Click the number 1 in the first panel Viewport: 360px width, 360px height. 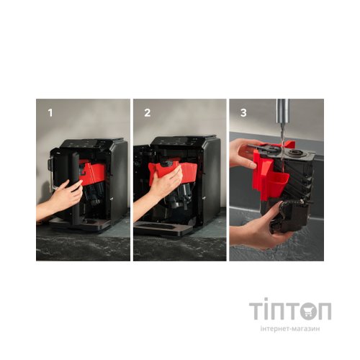50,113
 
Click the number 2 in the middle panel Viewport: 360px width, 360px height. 148,113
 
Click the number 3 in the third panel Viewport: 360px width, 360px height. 243,113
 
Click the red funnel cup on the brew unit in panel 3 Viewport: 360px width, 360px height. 278,184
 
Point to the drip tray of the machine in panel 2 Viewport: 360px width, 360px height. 163,228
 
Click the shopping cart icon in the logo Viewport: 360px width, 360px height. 308,311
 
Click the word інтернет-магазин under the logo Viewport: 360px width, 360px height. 290,328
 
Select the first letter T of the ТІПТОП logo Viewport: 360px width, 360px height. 256,311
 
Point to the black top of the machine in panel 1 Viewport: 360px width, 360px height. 92,143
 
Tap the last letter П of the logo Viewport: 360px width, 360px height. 325,311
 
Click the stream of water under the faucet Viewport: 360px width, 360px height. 283,146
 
